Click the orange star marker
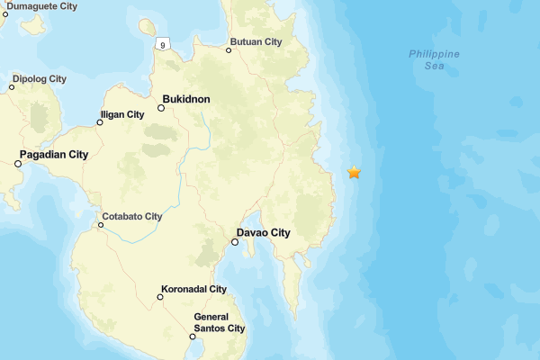[x=355, y=172]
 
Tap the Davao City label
[x=267, y=233]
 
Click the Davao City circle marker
[x=235, y=242]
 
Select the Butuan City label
[x=256, y=42]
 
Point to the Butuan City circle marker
[x=229, y=50]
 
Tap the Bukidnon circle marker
[x=161, y=108]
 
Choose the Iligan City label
[x=123, y=114]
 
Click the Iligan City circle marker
[x=100, y=122]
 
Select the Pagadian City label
[x=55, y=155]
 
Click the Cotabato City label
[x=132, y=217]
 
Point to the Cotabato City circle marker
[x=101, y=225]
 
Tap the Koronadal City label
[x=193, y=290]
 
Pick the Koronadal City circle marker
[x=160, y=297]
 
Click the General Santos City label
[x=220, y=322]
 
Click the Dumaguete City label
[x=40, y=5]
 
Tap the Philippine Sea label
[x=435, y=59]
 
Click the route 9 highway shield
[x=162, y=44]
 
